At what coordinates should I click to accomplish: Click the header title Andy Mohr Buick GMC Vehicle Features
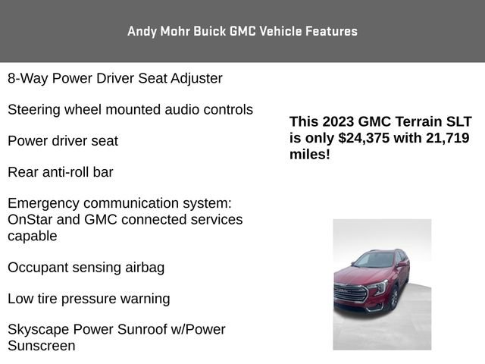point(242,31)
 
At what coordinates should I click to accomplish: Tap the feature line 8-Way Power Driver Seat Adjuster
point(115,78)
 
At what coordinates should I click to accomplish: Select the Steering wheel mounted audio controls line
point(130,109)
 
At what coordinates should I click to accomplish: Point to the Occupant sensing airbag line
point(86,267)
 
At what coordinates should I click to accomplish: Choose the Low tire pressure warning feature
point(89,299)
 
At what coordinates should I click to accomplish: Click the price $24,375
point(365,138)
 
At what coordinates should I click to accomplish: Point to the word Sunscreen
point(42,346)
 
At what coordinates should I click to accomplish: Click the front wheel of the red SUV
point(393,297)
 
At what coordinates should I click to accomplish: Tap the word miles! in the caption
point(310,154)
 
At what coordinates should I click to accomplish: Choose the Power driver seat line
point(63,141)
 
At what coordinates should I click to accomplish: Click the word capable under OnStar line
point(33,236)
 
